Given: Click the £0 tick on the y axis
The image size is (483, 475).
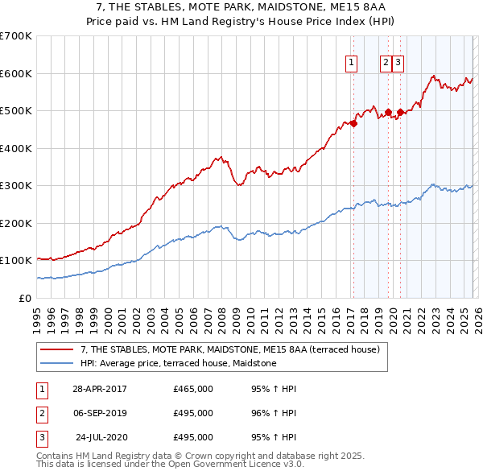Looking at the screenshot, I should click(x=25, y=298).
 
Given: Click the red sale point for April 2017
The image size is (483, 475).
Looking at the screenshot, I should click(x=353, y=124).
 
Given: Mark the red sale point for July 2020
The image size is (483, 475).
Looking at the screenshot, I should click(x=399, y=113).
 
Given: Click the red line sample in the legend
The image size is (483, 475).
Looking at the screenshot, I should click(x=56, y=349).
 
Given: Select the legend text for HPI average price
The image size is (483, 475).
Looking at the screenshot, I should click(x=178, y=363).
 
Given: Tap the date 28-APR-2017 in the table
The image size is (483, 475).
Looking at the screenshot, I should click(x=100, y=389).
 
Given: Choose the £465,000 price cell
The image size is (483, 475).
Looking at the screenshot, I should click(x=193, y=389).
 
